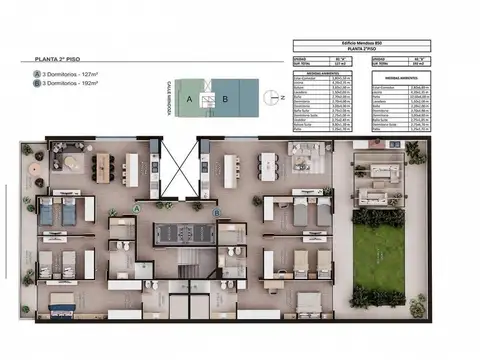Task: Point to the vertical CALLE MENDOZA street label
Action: click(x=169, y=99)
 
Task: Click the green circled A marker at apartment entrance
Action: click(x=137, y=207)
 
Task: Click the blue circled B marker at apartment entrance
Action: click(x=216, y=211)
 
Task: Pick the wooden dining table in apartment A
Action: click(x=132, y=168)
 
